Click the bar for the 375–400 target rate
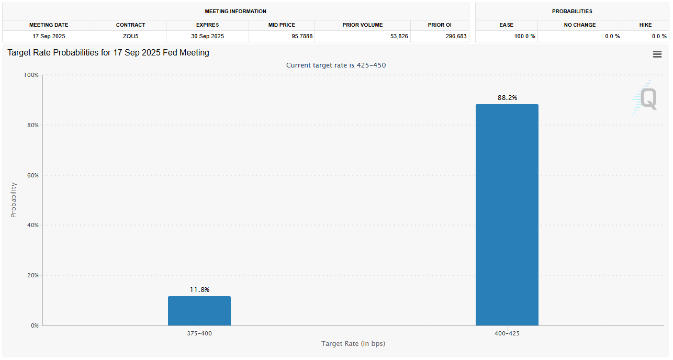point(199,311)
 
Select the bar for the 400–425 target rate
point(507,215)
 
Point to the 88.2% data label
point(507,98)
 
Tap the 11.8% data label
point(199,290)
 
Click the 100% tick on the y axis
point(31,75)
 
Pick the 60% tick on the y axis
point(32,175)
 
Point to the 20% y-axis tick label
point(32,275)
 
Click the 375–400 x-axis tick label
point(199,333)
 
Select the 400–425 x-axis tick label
point(507,333)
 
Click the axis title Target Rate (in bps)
point(353,344)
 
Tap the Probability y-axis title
point(14,200)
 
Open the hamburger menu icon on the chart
point(657,54)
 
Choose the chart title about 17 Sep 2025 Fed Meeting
point(108,53)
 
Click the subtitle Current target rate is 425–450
point(336,65)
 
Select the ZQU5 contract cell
point(130,37)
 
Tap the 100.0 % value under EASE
point(524,37)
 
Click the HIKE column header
point(645,25)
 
